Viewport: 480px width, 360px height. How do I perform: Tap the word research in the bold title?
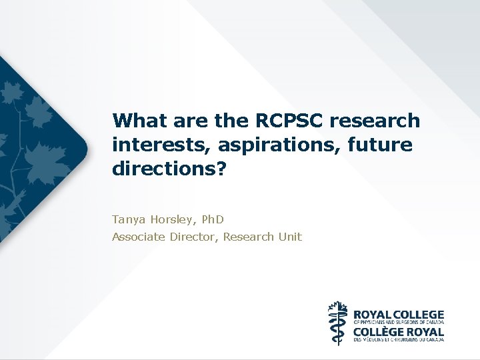pyautogui.click(x=381, y=121)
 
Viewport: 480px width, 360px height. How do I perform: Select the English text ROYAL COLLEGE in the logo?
pyautogui.click(x=397, y=314)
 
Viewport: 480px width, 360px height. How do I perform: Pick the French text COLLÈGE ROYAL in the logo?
pyautogui.click(x=397, y=331)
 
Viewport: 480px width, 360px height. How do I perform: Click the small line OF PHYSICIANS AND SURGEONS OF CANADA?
pyautogui.click(x=397, y=322)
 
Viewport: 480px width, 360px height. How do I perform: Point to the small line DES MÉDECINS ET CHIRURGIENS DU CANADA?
pyautogui.click(x=397, y=339)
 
